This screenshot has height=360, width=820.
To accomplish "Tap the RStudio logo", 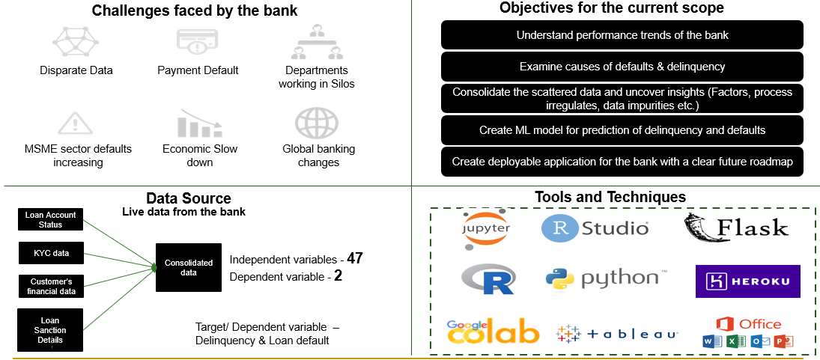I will [595, 228].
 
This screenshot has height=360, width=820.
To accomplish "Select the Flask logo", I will [736, 228].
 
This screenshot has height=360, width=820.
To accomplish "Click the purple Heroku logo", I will [747, 281].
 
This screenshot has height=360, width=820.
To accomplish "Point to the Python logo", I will [603, 279].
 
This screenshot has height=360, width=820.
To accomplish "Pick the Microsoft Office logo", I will [747, 332].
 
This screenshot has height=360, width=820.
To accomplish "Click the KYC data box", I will [51, 253].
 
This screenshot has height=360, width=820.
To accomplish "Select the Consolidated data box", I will [189, 267].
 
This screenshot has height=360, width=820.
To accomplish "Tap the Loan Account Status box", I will [51, 219].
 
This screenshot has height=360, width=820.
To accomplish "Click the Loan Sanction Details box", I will [51, 330].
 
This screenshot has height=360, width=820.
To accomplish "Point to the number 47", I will [355, 259].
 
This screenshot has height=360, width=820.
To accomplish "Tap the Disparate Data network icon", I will [75, 42].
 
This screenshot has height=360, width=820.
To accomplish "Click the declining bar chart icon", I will [198, 123].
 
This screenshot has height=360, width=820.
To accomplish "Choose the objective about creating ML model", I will [622, 130].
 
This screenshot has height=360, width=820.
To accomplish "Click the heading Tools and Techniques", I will [610, 197].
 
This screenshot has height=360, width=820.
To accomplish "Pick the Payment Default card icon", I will [197, 42].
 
